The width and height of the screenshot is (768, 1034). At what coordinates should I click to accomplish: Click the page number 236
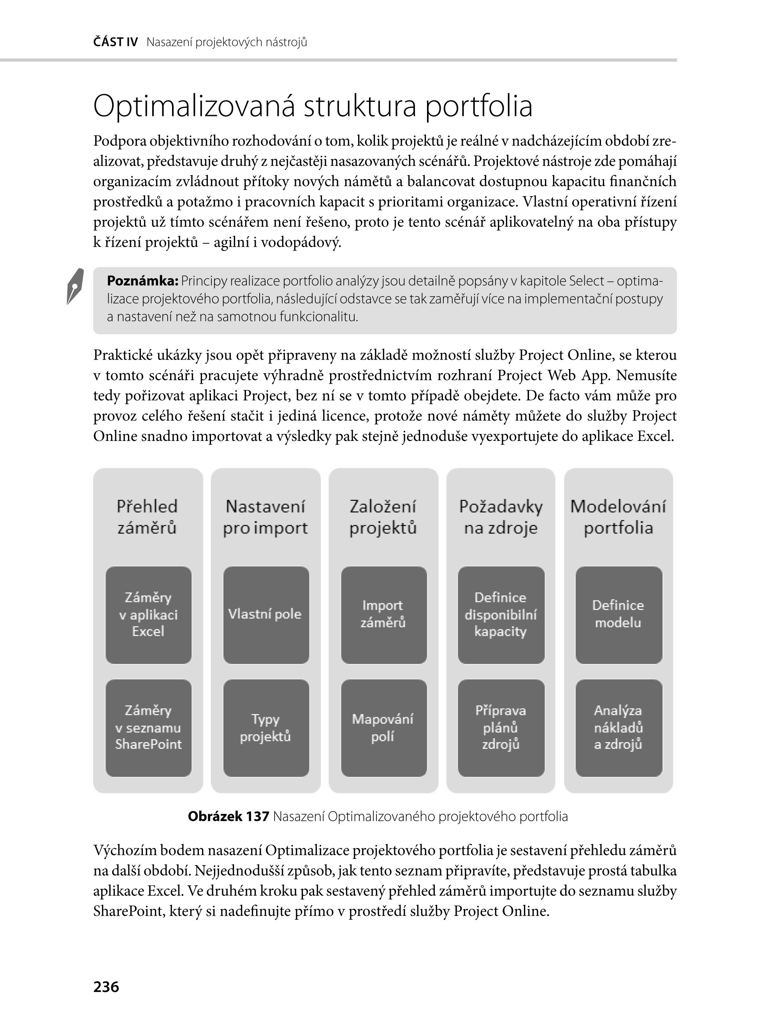[x=106, y=987]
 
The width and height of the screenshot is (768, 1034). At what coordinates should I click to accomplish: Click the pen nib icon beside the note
[x=75, y=286]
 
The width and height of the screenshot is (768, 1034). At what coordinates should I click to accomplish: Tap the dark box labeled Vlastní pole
[x=266, y=614]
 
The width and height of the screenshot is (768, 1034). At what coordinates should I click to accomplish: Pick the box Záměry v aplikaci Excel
[x=148, y=614]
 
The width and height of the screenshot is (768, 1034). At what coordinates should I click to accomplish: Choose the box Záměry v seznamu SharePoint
[x=148, y=728]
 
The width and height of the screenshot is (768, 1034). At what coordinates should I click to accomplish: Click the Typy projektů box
[x=266, y=728]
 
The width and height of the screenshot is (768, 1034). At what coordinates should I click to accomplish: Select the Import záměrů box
[x=383, y=614]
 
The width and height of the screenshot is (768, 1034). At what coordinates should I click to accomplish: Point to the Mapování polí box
[x=383, y=728]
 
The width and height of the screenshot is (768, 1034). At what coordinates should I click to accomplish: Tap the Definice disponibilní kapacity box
[x=501, y=614]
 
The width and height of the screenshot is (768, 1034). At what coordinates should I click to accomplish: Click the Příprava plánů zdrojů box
[x=501, y=728]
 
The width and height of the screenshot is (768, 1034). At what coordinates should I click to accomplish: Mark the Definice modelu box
[x=618, y=614]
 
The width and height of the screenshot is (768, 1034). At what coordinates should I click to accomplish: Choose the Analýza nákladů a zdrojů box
[x=618, y=728]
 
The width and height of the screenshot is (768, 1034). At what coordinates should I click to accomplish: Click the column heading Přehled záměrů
[x=147, y=517]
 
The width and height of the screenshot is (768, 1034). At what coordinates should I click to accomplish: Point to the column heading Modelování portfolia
[x=618, y=517]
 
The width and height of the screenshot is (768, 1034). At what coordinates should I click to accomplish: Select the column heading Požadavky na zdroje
[x=501, y=517]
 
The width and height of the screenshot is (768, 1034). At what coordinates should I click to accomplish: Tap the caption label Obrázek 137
[x=228, y=816]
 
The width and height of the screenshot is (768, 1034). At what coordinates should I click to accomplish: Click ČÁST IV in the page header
[x=115, y=42]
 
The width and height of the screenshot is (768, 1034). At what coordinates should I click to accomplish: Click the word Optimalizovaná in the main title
[x=194, y=106]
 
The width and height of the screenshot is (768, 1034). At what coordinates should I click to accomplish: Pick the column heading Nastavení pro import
[x=265, y=517]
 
